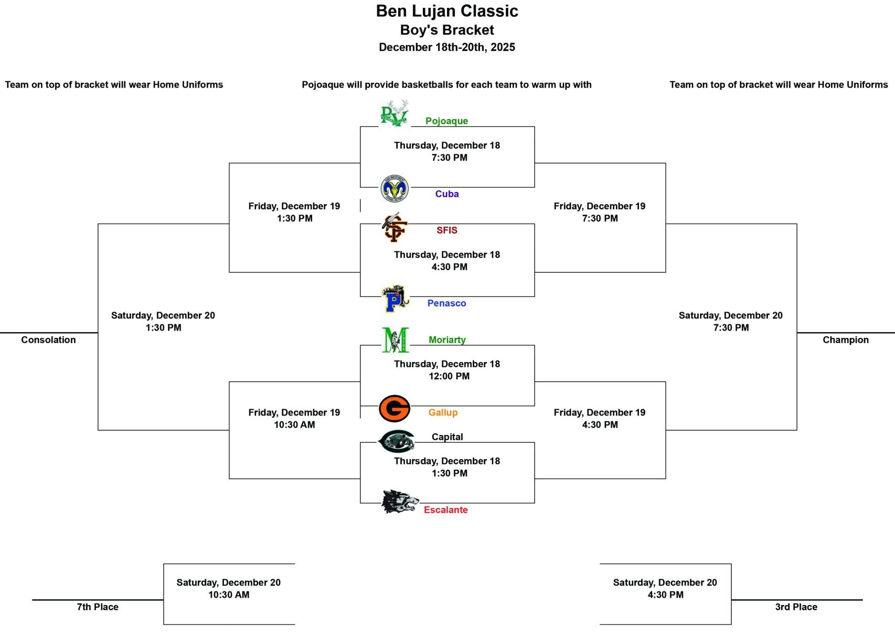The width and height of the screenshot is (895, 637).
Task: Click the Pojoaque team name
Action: pyautogui.click(x=446, y=121)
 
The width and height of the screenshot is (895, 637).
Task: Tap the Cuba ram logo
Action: pyautogui.click(x=395, y=188)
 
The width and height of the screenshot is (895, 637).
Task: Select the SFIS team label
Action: pyautogui.click(x=446, y=230)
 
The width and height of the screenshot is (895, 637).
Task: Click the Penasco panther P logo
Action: pyautogui.click(x=395, y=298)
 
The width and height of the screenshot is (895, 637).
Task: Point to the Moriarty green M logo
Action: pyautogui.click(x=396, y=340)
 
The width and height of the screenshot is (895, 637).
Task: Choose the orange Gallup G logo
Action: pyautogui.click(x=395, y=408)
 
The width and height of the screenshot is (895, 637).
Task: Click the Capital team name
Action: pyautogui.click(x=447, y=437)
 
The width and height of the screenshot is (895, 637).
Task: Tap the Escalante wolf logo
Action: pyautogui.click(x=400, y=502)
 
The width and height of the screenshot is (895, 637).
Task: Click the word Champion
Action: pyautogui.click(x=846, y=339)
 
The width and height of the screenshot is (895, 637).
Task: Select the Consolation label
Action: pyautogui.click(x=48, y=339)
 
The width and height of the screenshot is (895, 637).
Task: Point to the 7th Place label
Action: pyautogui.click(x=98, y=607)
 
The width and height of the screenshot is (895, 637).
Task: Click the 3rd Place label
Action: pyautogui.click(x=796, y=607)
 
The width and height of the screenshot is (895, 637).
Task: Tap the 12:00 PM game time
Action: pyautogui.click(x=449, y=376)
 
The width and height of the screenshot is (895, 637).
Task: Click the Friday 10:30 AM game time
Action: pyautogui.click(x=294, y=424)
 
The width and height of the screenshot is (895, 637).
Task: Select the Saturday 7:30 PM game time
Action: pyautogui.click(x=731, y=327)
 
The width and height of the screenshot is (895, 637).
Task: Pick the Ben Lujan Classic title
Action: pyautogui.click(x=446, y=11)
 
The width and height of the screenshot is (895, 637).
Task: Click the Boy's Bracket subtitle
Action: pyautogui.click(x=446, y=30)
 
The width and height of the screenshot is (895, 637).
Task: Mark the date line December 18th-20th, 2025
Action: pyautogui.click(x=446, y=47)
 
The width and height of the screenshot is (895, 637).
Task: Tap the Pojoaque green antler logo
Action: pyautogui.click(x=395, y=113)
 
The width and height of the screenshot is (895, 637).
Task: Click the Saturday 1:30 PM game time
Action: pyautogui.click(x=163, y=327)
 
